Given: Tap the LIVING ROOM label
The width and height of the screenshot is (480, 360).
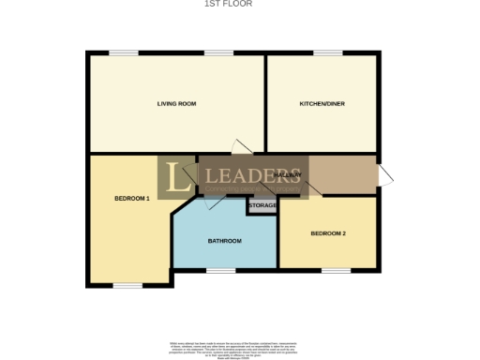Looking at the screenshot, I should (x=175, y=103).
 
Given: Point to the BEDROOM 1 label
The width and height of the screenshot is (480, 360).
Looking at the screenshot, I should (x=132, y=198).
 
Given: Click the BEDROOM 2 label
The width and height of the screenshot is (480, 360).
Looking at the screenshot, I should (x=329, y=232).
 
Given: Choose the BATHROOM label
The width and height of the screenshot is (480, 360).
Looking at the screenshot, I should (x=225, y=241).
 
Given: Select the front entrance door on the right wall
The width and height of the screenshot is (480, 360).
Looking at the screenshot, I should (x=385, y=174).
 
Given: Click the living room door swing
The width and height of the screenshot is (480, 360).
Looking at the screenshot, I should (x=242, y=145).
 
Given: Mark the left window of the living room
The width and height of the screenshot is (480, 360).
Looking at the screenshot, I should (x=123, y=52).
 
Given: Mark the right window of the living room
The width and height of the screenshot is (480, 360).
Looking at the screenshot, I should (x=219, y=52).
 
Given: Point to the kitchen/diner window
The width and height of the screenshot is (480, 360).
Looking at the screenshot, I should (x=327, y=52).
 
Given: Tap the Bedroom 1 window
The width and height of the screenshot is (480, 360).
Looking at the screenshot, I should (x=127, y=285).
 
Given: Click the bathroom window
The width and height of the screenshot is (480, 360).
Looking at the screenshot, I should (x=221, y=271).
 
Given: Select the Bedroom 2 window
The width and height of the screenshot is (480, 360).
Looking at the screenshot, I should (x=335, y=271).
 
